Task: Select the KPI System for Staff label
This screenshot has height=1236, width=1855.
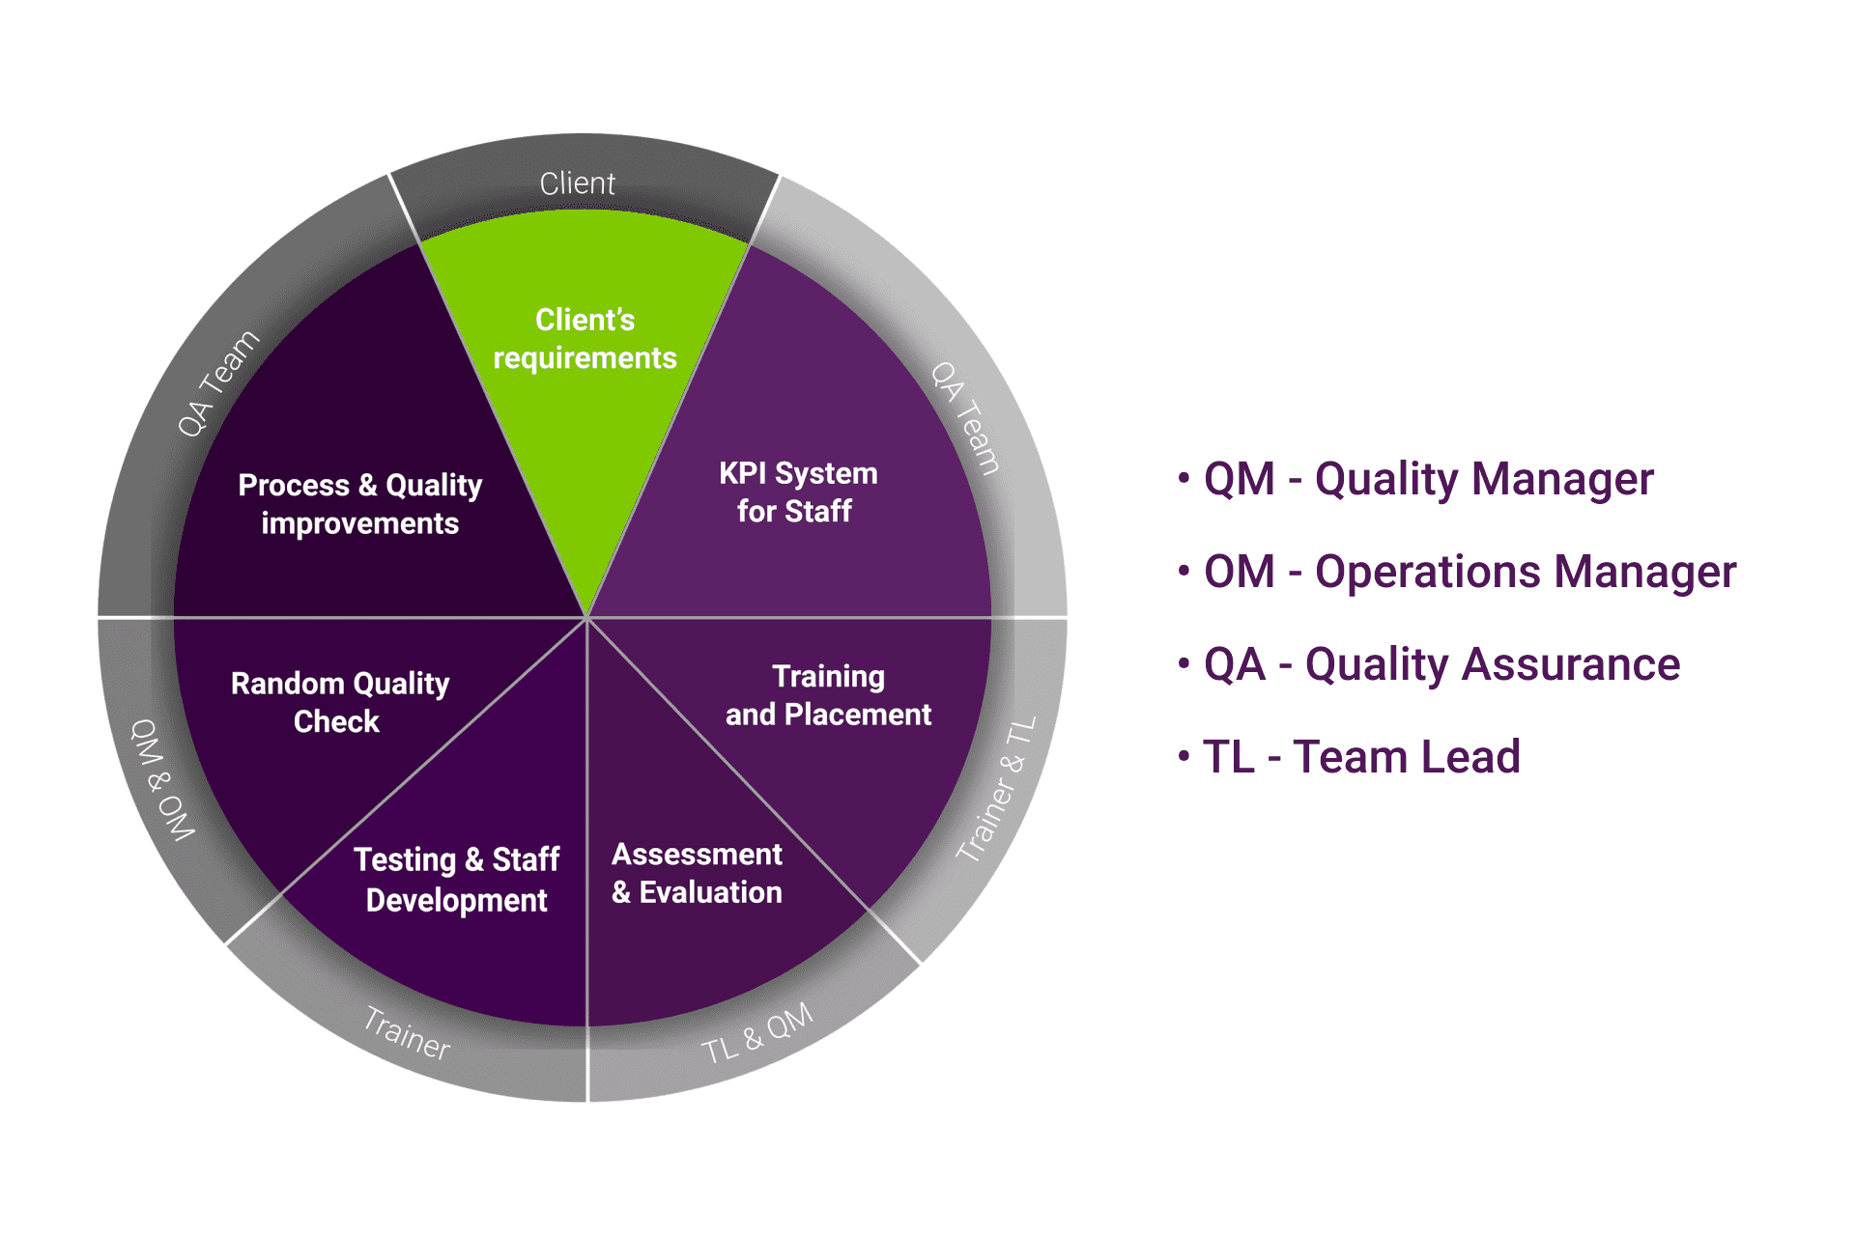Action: tap(797, 492)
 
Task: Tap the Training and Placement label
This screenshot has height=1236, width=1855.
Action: tap(828, 695)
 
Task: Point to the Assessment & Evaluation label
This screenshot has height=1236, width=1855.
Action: tap(697, 873)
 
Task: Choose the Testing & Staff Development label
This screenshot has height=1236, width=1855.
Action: tap(456, 879)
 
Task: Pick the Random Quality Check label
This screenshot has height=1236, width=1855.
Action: tap(339, 702)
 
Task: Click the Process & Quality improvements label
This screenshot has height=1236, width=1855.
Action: tap(359, 503)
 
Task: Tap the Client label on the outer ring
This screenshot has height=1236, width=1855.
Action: tap(577, 183)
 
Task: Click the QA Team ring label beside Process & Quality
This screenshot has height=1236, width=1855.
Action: tap(218, 382)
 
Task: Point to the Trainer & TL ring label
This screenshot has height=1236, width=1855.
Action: tap(997, 788)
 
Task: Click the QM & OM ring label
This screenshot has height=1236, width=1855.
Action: tap(162, 779)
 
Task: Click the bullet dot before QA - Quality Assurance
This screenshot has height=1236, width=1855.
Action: tap(1184, 663)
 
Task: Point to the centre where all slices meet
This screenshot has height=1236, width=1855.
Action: tap(586, 618)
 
